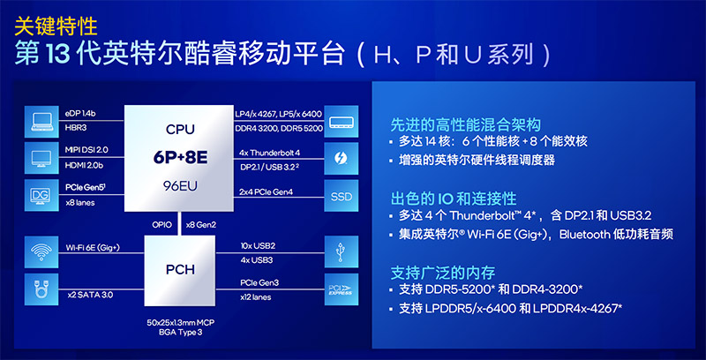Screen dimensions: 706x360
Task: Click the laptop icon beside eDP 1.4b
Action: [41, 122]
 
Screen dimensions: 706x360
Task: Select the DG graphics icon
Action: [41, 196]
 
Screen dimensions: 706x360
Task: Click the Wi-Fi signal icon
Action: [41, 252]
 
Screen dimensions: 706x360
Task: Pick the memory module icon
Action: [342, 122]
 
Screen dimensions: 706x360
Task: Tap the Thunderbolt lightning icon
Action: [342, 159]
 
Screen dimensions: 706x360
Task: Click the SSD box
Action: [342, 196]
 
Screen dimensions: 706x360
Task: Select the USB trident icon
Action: [342, 252]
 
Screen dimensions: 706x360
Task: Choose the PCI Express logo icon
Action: [342, 289]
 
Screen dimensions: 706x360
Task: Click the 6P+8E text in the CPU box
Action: [180, 157]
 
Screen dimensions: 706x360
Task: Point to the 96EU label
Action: [180, 186]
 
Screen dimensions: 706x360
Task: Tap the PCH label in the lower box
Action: [180, 269]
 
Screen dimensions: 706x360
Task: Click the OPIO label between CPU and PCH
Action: [161, 224]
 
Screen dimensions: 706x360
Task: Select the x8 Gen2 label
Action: [201, 224]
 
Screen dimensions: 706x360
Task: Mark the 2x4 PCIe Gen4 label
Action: [266, 192]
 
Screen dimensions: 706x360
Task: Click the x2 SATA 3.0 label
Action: [90, 296]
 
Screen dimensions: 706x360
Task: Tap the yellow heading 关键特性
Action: [56, 26]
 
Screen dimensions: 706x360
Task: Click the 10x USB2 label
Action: [258, 246]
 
